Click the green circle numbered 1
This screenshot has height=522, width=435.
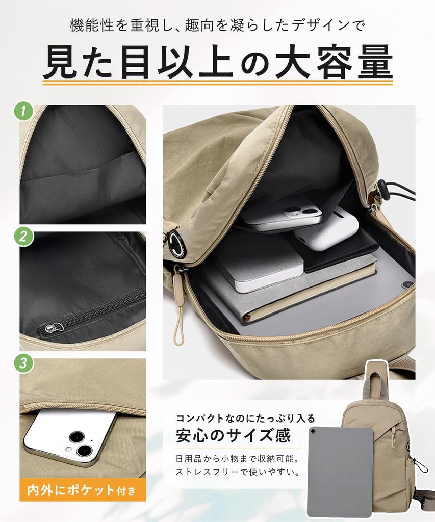[23, 111]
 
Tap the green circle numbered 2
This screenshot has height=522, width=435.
[23, 237]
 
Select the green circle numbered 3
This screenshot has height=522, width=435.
[23, 363]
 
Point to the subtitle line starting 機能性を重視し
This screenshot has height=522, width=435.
[217, 25]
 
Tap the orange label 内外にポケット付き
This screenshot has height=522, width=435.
[82, 491]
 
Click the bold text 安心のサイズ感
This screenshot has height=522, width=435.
[233, 436]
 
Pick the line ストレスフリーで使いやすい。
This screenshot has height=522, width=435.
[238, 472]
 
